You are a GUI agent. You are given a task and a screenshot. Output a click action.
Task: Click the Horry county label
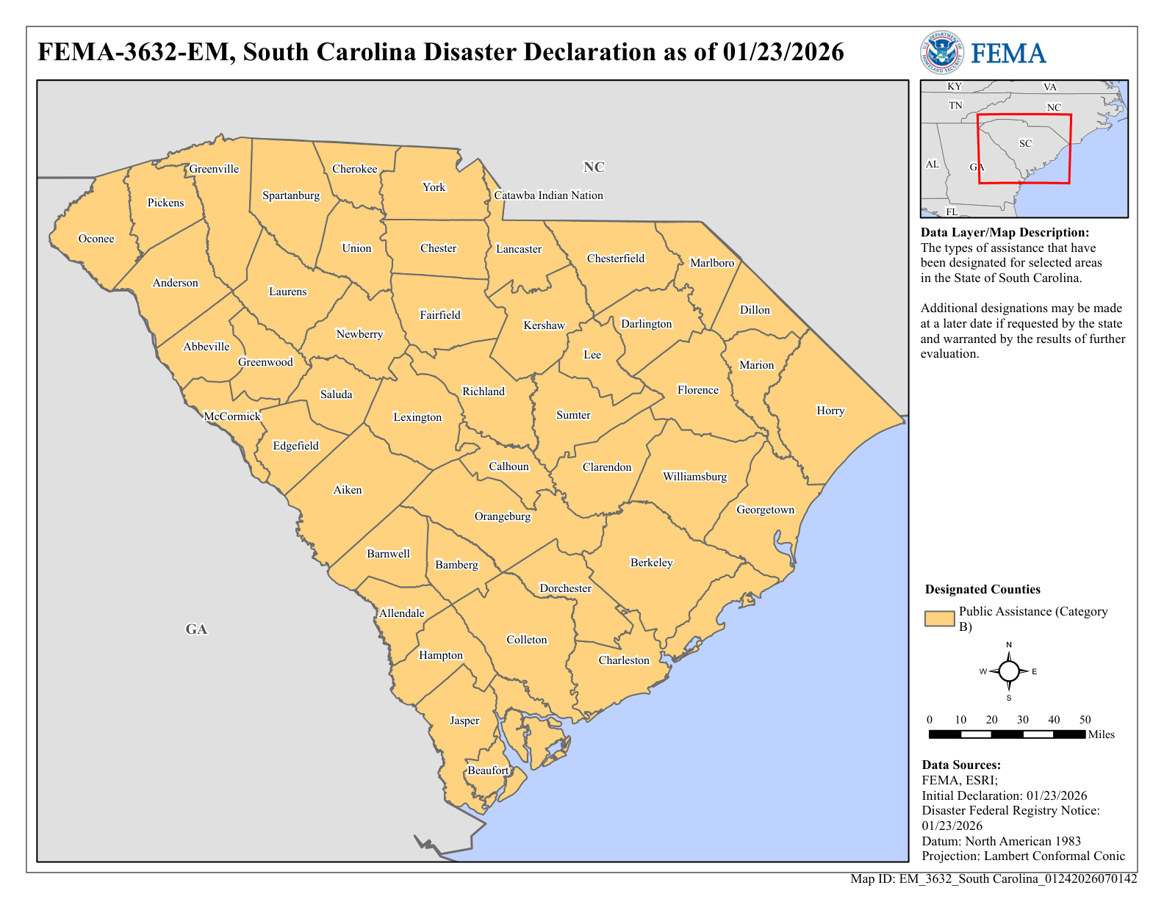[x=830, y=411]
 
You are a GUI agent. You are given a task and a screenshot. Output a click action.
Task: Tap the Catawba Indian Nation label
[x=548, y=195]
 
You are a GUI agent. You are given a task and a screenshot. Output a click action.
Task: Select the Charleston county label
[x=624, y=660]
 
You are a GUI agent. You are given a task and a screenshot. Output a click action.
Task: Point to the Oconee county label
[x=96, y=239]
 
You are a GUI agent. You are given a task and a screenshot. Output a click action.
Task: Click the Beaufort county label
[x=488, y=770]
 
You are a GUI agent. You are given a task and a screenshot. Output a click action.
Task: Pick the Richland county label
[x=484, y=391]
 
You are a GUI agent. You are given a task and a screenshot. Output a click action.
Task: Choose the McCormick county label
[x=232, y=416]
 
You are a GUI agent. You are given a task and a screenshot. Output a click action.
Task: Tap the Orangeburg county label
[x=503, y=516]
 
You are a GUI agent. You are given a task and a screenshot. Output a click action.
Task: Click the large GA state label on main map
[x=196, y=629]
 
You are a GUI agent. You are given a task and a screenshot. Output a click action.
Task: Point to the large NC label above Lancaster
[x=594, y=167]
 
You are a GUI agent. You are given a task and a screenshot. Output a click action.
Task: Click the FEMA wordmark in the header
[x=1008, y=54]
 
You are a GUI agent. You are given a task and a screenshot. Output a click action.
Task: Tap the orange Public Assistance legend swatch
[x=939, y=618]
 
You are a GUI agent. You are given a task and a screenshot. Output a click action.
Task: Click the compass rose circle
[x=1009, y=671]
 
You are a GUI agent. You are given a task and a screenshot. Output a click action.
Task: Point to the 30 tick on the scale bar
[x=1023, y=720]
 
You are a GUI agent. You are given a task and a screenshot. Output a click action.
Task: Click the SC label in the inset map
[x=1025, y=143]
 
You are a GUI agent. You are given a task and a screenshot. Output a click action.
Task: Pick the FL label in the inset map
[x=952, y=212]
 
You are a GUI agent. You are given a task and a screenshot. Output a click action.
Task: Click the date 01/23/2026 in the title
[x=783, y=52]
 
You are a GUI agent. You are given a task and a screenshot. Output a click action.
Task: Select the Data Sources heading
[x=961, y=765]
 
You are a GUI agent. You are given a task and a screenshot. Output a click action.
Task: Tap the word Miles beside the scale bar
[x=1101, y=734]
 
